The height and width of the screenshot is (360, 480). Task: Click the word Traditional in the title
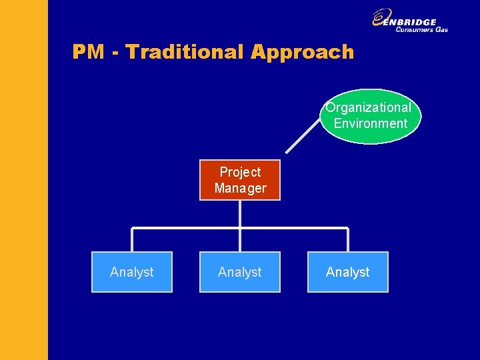pyautogui.click(x=186, y=52)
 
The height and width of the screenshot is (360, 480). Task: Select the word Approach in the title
pyautogui.click(x=302, y=52)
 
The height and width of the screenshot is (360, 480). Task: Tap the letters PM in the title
pyautogui.click(x=88, y=52)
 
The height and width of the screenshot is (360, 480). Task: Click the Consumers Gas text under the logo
pyautogui.click(x=421, y=29)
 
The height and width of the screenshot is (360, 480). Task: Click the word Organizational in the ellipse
pyautogui.click(x=369, y=107)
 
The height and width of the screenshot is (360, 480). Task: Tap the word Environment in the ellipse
pyautogui.click(x=370, y=123)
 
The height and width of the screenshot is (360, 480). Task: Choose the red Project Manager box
pyautogui.click(x=240, y=180)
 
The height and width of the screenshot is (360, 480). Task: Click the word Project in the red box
pyautogui.click(x=240, y=172)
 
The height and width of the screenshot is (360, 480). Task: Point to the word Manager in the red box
pyautogui.click(x=240, y=188)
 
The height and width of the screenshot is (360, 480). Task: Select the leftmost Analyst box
pyautogui.click(x=131, y=272)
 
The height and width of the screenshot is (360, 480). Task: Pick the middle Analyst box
pyautogui.click(x=240, y=272)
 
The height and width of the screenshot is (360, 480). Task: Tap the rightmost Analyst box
pyautogui.click(x=347, y=272)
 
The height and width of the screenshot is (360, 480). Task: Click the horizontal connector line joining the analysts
pyautogui.click(x=187, y=229)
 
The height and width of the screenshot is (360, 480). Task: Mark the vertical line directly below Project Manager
pyautogui.click(x=240, y=213)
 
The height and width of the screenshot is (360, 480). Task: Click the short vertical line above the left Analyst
pyautogui.click(x=132, y=240)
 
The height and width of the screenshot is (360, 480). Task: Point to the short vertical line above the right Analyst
pyautogui.click(x=347, y=240)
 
